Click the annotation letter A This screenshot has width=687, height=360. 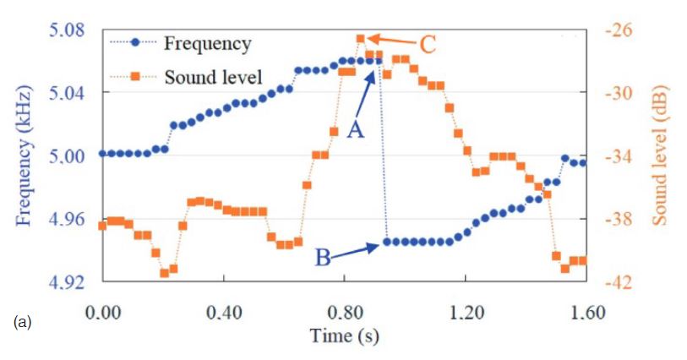(355, 132)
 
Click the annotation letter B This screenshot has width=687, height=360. (323, 258)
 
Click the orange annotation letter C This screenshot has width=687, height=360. (428, 44)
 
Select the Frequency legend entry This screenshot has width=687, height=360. (207, 43)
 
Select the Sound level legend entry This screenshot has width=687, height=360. (213, 78)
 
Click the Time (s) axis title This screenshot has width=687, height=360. (344, 335)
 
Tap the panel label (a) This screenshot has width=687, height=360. (24, 322)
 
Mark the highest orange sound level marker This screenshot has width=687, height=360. (361, 38)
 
